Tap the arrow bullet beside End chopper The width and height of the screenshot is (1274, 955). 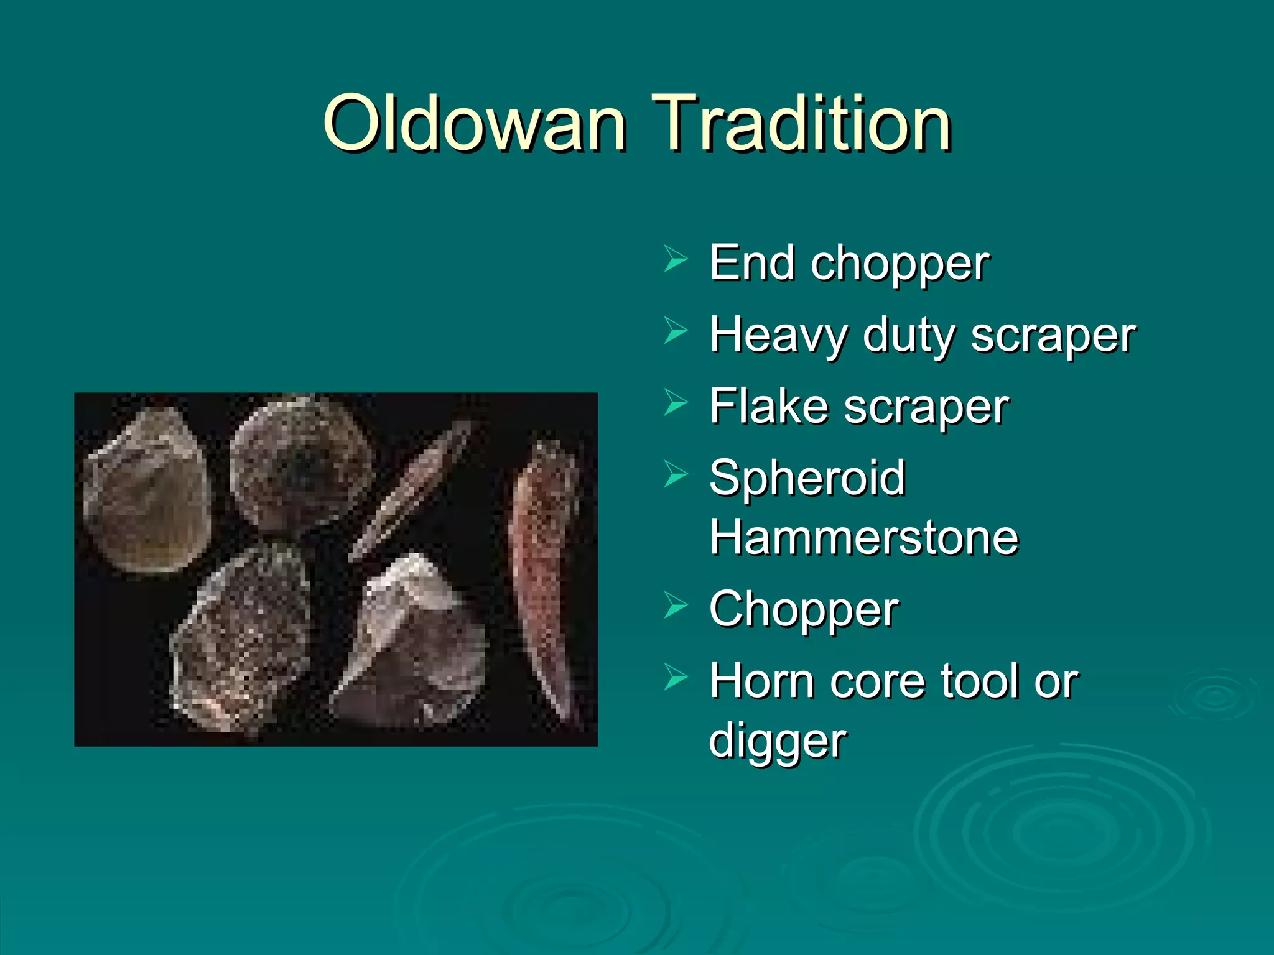coord(675,259)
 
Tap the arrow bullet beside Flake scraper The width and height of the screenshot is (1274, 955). coord(675,402)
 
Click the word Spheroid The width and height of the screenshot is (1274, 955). coord(807,479)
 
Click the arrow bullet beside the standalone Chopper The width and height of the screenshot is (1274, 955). coord(675,605)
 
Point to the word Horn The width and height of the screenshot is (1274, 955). coord(762,681)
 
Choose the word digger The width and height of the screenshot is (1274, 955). coord(778,741)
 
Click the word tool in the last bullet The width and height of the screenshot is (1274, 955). coord(980,681)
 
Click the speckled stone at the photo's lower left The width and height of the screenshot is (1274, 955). coord(243,640)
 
